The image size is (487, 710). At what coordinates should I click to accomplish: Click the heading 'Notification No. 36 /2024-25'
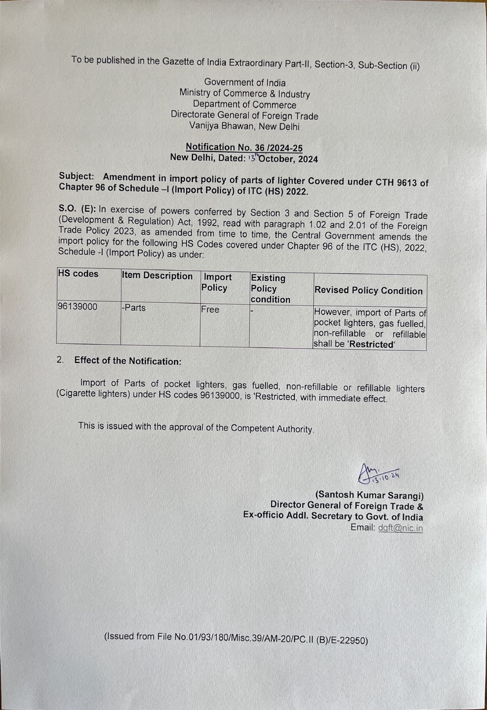coord(244,148)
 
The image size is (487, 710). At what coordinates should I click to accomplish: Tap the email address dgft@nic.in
coord(400,528)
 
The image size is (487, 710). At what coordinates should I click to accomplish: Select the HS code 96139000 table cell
coord(77,307)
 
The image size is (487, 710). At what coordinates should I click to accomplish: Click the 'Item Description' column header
coord(157,276)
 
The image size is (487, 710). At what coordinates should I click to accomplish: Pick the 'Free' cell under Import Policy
coord(210,309)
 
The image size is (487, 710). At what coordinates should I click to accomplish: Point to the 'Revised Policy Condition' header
coord(368,290)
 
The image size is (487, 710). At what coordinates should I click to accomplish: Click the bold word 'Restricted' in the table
coord(372,345)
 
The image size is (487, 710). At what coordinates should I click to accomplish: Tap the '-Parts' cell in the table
coord(134,308)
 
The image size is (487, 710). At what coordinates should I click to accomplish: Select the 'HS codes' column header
coord(78,274)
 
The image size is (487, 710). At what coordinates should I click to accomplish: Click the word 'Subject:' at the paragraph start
coord(77,176)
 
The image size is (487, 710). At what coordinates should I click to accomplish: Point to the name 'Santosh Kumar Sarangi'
coord(369,495)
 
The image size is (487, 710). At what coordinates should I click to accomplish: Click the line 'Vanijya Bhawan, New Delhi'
coord(244,126)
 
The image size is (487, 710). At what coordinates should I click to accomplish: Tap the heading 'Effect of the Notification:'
coord(128,361)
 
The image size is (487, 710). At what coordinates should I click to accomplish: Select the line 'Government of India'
coord(245,83)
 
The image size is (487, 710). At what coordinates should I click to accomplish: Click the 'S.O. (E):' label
coord(77,209)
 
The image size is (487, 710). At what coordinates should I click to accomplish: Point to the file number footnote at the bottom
coord(236,638)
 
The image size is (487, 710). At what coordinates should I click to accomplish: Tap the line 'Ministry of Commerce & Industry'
coord(245,93)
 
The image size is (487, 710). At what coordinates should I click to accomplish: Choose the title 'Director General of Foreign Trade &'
coord(347,506)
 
